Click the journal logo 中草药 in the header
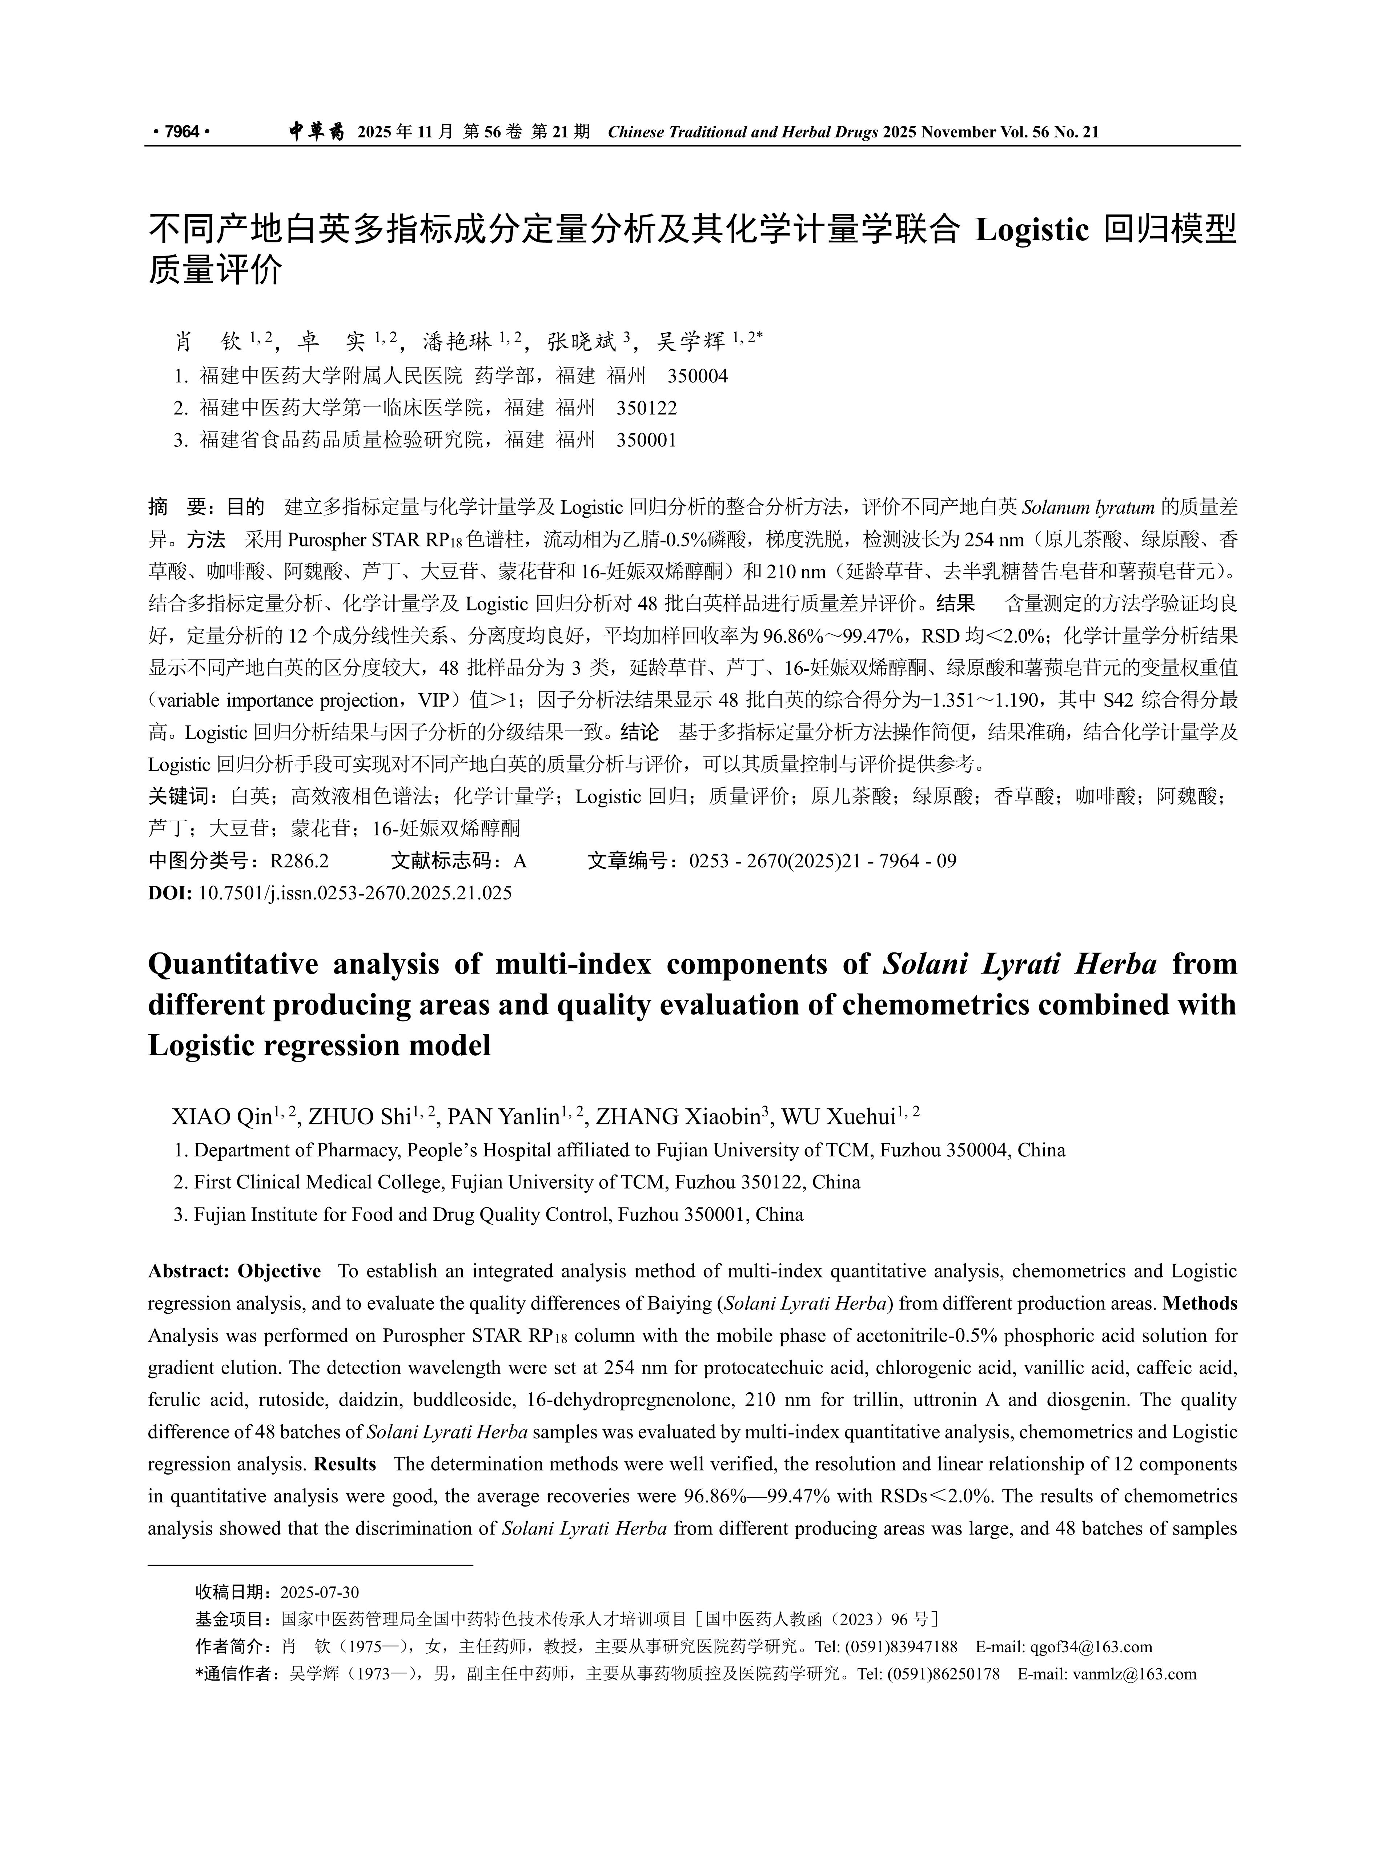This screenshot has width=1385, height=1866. pos(316,132)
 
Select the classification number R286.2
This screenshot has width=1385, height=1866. pos(299,861)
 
